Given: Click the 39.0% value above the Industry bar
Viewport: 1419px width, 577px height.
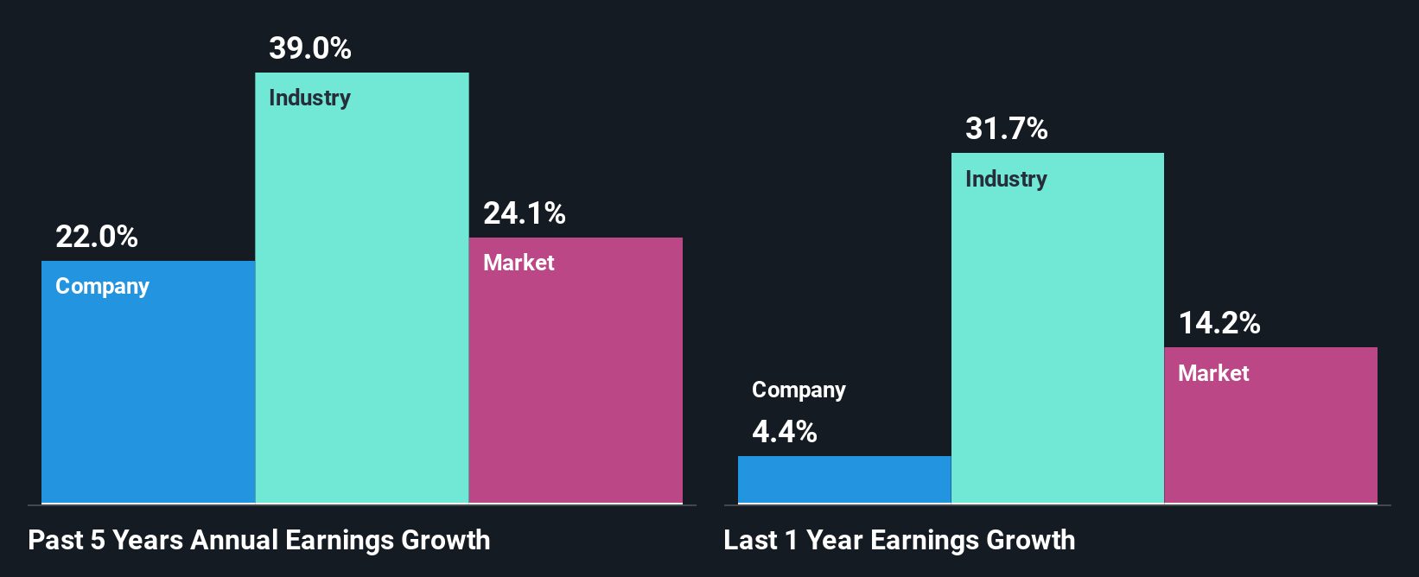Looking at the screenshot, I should (x=310, y=48).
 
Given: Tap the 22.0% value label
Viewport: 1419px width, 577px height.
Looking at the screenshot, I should (x=97, y=237).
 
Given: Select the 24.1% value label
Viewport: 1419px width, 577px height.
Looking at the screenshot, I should (x=525, y=213).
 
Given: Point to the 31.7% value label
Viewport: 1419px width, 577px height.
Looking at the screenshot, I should (x=1007, y=130).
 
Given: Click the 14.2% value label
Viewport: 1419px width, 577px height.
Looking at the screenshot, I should (x=1219, y=324).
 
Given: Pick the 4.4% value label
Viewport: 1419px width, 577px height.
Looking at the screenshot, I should (x=785, y=432).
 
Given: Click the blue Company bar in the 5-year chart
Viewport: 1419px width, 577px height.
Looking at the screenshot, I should (x=149, y=397).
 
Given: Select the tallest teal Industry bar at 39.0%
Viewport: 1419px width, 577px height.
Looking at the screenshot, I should (x=362, y=302).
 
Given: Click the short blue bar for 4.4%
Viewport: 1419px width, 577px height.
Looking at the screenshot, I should (x=844, y=479).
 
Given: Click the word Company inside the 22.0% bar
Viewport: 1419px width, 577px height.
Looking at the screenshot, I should (x=102, y=287).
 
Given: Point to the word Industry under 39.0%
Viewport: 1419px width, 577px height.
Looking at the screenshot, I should (x=309, y=98).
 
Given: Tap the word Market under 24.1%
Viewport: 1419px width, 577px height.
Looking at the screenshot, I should (x=519, y=263).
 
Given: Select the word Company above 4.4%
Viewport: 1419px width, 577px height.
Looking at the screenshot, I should (x=799, y=390).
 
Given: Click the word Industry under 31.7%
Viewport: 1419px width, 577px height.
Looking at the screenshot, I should (x=1006, y=180).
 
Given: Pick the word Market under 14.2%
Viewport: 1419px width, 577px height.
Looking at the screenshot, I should (x=1213, y=374).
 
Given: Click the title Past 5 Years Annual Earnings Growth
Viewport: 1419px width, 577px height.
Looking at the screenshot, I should (x=259, y=541).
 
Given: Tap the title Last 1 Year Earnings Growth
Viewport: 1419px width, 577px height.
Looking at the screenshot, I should (x=900, y=541).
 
